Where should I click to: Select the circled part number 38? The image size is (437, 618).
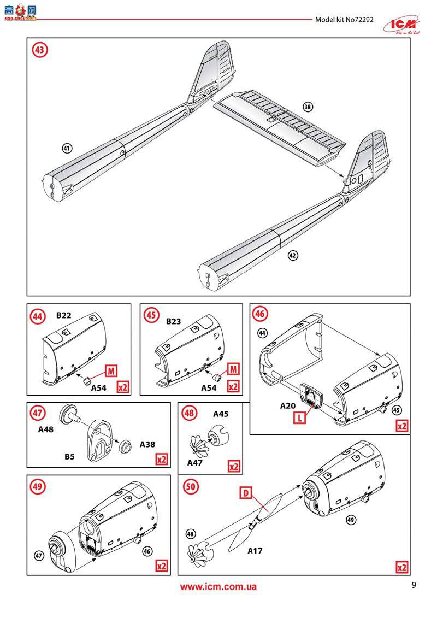[x=308, y=107]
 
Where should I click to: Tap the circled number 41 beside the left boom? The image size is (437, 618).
[x=67, y=148]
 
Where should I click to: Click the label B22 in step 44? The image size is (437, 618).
[x=64, y=316]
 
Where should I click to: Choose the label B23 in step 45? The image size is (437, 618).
[x=173, y=322]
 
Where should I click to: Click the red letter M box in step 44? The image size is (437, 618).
[x=110, y=370]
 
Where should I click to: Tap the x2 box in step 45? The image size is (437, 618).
[x=233, y=387]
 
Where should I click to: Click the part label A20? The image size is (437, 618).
[x=288, y=405]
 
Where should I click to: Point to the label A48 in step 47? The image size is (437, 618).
[x=46, y=430]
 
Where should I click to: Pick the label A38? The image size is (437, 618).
[x=147, y=444]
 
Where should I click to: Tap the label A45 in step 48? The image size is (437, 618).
[x=221, y=414]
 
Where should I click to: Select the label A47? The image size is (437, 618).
[x=195, y=462]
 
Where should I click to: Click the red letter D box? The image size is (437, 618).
[x=246, y=494]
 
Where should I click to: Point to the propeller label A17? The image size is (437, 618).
[x=255, y=551]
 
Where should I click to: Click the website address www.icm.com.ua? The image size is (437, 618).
[x=218, y=587]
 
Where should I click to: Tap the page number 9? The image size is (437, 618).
[x=414, y=586]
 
